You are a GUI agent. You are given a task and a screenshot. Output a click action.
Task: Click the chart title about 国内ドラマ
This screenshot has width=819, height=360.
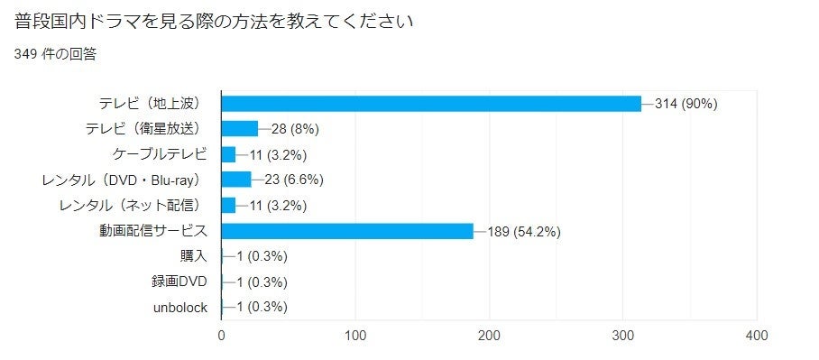pyautogui.click(x=214, y=21)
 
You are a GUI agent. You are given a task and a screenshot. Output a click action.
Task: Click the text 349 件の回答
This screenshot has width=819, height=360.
pyautogui.click(x=56, y=54)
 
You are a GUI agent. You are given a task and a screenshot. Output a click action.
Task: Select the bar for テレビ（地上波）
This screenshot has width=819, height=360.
pyautogui.click(x=431, y=103)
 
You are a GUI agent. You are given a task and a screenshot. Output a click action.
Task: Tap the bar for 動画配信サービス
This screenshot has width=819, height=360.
pyautogui.click(x=347, y=231)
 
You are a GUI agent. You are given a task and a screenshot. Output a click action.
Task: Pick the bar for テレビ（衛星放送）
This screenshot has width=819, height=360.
pyautogui.click(x=239, y=128)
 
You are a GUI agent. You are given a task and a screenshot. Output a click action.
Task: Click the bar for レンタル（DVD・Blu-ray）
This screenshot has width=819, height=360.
pyautogui.click(x=236, y=180)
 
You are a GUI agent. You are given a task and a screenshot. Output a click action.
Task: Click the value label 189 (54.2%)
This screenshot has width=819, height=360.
pyautogui.click(x=525, y=231)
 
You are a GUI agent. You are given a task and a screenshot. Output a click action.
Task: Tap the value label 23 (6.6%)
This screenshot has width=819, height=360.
pyautogui.click(x=293, y=180)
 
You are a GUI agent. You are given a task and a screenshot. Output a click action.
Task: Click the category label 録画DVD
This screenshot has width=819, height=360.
pyautogui.click(x=179, y=282)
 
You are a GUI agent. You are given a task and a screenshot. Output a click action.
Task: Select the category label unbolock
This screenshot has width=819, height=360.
pyautogui.click(x=180, y=308)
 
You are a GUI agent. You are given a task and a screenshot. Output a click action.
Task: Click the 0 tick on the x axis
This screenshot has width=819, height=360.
pyautogui.click(x=222, y=336)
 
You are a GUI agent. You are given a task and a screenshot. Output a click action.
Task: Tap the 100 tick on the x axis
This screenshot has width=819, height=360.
pyautogui.click(x=355, y=336)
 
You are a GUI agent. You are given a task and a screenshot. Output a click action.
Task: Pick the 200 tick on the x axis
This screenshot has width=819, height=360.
pyautogui.click(x=490, y=336)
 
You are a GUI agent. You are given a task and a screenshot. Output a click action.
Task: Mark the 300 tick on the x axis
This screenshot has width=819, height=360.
pyautogui.click(x=623, y=336)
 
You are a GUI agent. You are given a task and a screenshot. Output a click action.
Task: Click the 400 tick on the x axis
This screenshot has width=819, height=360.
pyautogui.click(x=757, y=336)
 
